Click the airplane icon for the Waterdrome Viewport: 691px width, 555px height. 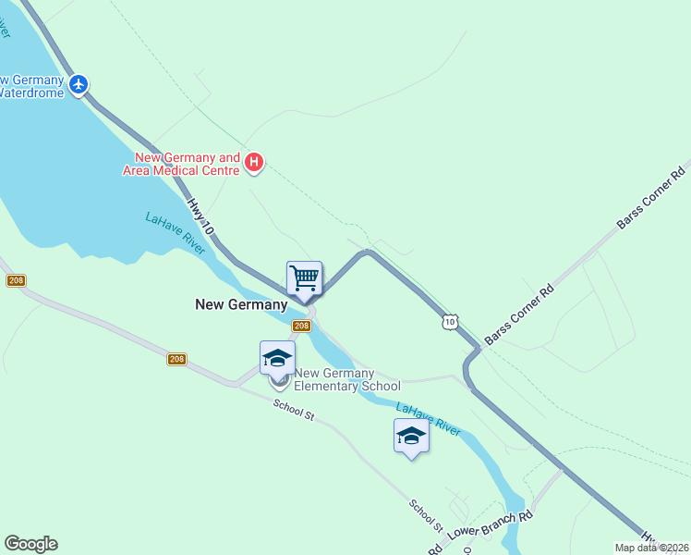click(79, 84)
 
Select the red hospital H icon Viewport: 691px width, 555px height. click(254, 164)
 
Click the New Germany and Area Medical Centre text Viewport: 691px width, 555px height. click(188, 164)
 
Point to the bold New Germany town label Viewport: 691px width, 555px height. click(241, 303)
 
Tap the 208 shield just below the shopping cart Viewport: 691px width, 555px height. click(301, 327)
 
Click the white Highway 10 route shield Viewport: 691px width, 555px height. click(448, 321)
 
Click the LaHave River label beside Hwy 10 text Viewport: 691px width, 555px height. click(174, 232)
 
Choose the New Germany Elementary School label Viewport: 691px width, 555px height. click(346, 380)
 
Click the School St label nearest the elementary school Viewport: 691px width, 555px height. click(294, 409)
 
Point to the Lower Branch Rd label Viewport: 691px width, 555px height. click(490, 527)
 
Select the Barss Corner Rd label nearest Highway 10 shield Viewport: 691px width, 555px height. click(519, 315)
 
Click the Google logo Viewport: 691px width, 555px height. click(30, 544)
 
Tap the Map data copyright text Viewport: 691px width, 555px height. click(651, 548)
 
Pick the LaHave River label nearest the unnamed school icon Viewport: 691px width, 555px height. click(429, 418)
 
